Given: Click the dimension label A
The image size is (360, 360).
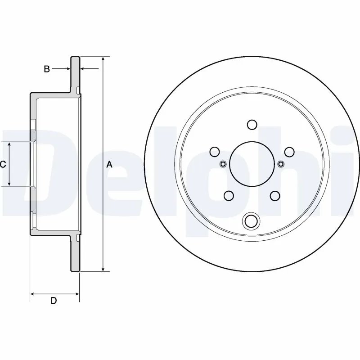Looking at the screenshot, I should tap(109, 165).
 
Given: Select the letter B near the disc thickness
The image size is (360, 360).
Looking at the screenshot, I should tap(46, 69).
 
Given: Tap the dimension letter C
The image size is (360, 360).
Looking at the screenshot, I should tap(3, 164).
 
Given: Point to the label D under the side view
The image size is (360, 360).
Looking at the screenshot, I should tap(53, 301).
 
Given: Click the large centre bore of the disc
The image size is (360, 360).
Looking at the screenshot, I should tap(251, 163).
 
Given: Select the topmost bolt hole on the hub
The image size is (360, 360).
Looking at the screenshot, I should tap(252, 125).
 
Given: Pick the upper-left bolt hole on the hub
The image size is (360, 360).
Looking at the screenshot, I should tap(215, 152).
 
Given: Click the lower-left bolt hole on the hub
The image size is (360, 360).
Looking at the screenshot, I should tap(229, 195).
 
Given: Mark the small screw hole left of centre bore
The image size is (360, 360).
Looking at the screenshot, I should tap(222, 164).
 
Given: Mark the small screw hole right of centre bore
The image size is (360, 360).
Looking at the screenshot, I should tap(281, 164).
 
